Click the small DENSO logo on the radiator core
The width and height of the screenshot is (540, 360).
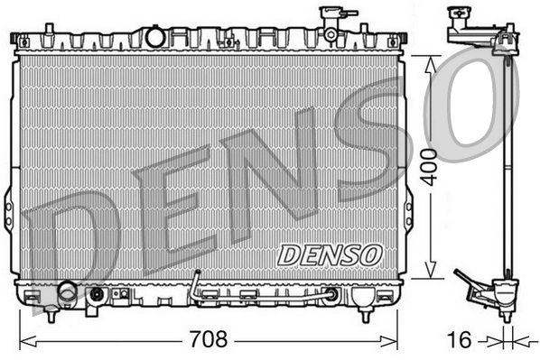pyautogui.click(x=331, y=255)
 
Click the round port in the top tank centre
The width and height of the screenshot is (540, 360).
pyautogui.click(x=155, y=36)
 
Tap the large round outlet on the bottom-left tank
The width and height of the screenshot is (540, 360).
pyautogui.click(x=67, y=292)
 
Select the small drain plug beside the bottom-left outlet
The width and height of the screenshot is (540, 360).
pyautogui.click(x=96, y=293)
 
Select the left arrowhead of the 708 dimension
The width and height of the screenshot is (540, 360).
pyautogui.click(x=24, y=341)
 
